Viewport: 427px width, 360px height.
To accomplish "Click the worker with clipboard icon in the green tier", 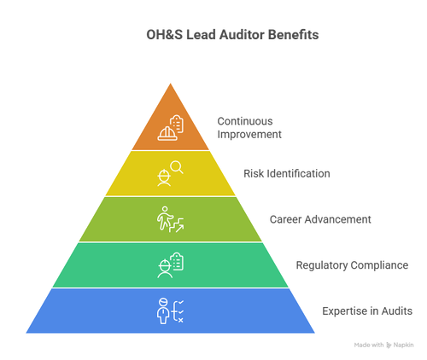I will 170,265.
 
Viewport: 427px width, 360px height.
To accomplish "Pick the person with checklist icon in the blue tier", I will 170,311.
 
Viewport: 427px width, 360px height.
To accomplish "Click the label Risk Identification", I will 287,173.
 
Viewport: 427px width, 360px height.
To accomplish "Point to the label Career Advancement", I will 320,219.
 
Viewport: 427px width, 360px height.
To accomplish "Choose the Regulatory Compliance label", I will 352,265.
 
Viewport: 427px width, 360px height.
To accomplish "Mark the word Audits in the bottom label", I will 397,311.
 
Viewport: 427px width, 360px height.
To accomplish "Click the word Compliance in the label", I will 378,265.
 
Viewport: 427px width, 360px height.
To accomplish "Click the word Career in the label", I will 286,219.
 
